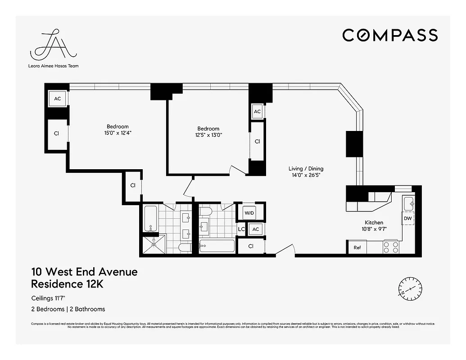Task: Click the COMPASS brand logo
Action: click(x=389, y=35)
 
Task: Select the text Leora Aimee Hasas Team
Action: click(x=53, y=66)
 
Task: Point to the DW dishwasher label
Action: click(x=407, y=218)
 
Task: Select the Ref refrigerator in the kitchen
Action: click(x=357, y=247)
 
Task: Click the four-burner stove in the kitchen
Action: click(x=391, y=247)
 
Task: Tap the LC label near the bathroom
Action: click(x=241, y=229)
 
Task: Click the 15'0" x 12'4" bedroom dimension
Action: click(x=118, y=133)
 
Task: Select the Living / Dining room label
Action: click(x=306, y=169)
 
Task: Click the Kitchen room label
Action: click(x=374, y=222)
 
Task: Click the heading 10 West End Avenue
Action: click(x=84, y=272)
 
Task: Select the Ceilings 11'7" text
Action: click(x=51, y=298)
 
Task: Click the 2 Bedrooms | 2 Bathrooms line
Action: click(x=68, y=309)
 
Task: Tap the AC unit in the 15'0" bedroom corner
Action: click(x=58, y=99)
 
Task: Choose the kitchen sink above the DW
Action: click(x=408, y=203)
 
